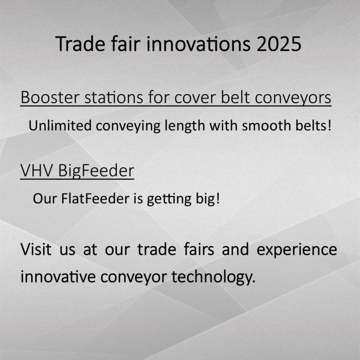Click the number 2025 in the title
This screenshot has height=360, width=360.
[279, 44]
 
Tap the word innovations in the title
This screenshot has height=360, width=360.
[198, 44]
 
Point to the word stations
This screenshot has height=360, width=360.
[114, 97]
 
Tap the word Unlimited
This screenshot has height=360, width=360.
[60, 126]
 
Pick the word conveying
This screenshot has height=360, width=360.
[128, 127]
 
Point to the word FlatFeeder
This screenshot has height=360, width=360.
[95, 199]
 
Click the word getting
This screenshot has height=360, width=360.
[169, 199]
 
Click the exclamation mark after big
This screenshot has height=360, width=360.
[218, 199]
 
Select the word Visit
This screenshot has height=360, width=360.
[36, 249]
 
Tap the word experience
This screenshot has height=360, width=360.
[297, 250]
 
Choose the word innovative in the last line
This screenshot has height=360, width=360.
[58, 277]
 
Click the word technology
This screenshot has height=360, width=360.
[213, 278]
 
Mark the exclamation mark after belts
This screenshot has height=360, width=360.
[329, 126]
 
